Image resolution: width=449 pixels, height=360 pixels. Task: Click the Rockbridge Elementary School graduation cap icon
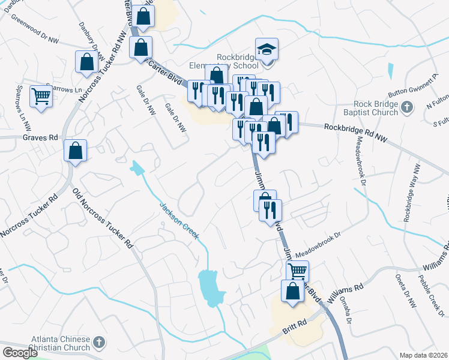click(267, 49)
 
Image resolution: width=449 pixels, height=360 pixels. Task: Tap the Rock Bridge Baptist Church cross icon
click(408, 108)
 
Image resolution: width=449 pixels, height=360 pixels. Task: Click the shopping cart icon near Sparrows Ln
click(41, 96)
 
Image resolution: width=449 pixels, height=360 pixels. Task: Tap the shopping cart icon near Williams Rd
click(297, 271)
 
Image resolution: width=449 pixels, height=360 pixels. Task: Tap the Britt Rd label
click(294, 328)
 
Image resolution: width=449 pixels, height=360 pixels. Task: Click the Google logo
click(19, 353)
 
